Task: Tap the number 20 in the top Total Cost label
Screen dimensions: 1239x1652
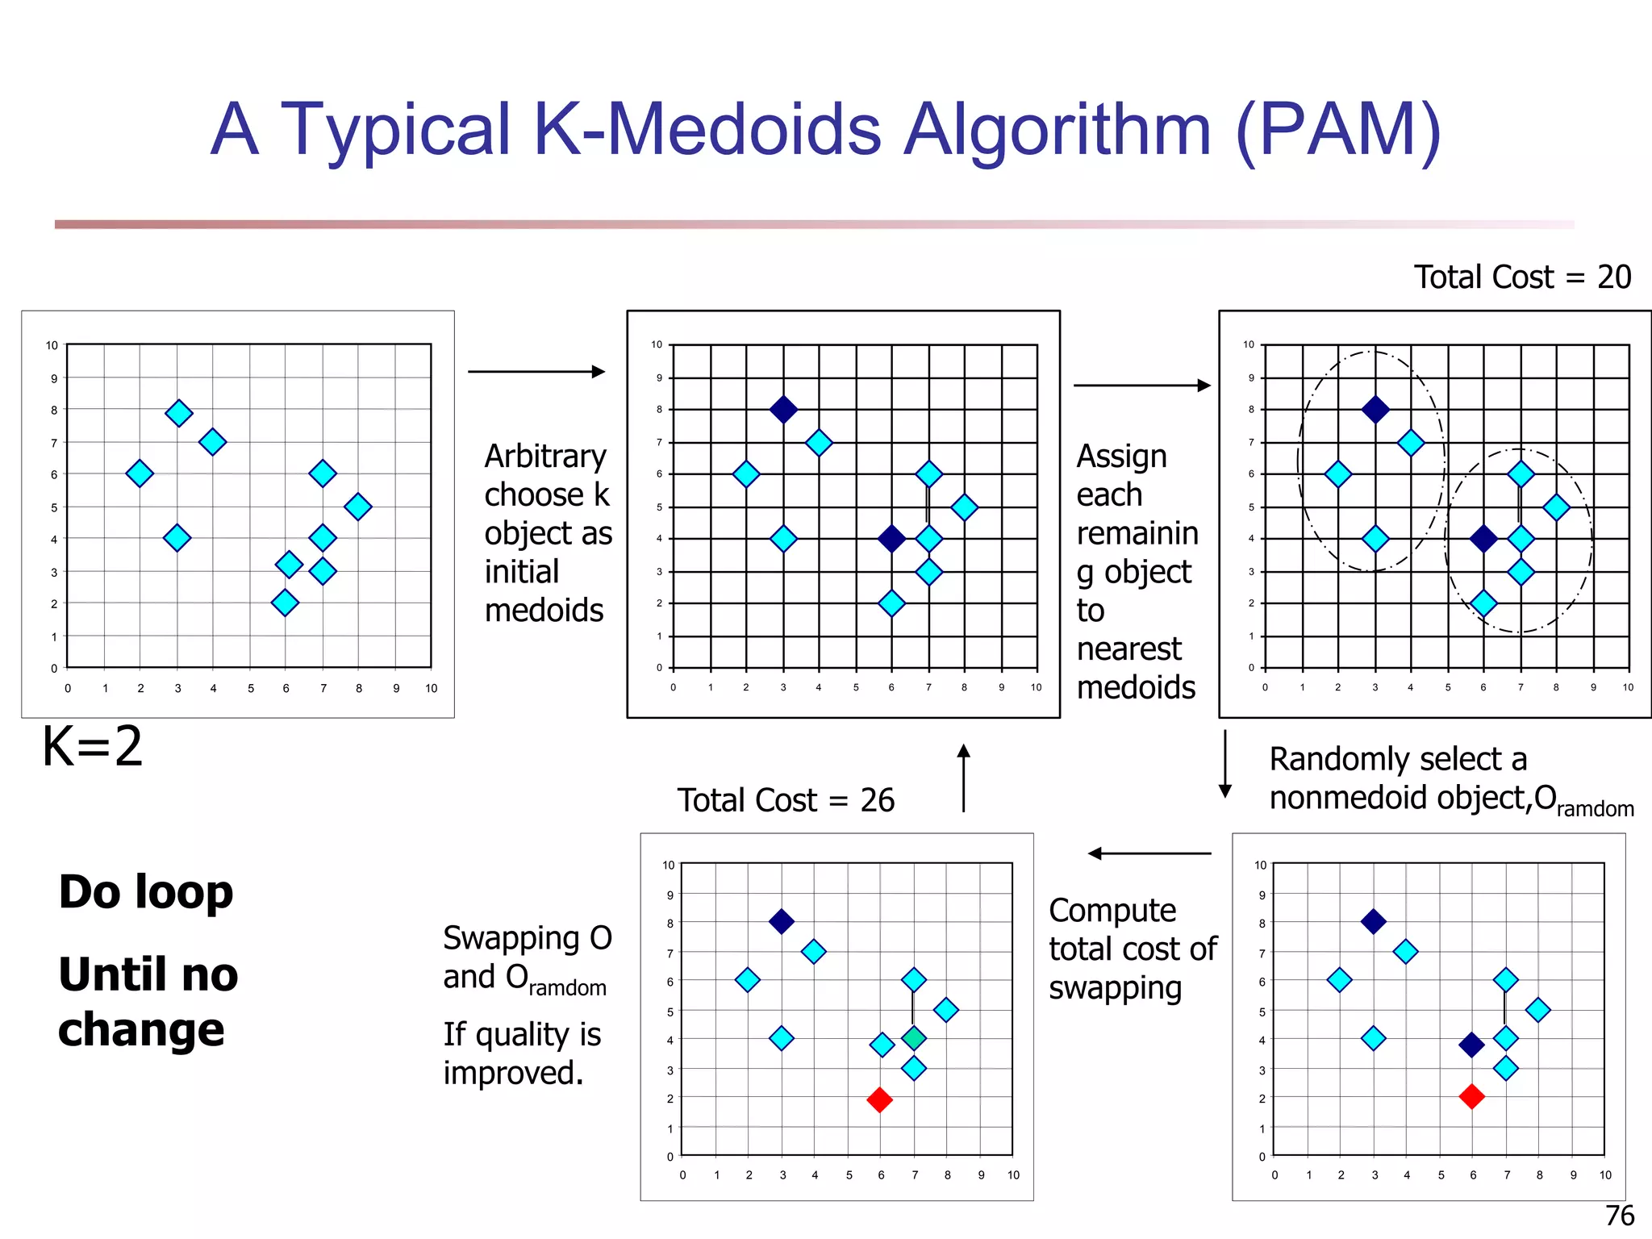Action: (x=1614, y=277)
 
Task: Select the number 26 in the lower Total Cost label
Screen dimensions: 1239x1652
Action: (x=877, y=800)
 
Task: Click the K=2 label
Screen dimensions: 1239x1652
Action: (x=92, y=746)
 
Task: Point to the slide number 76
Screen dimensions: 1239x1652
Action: (x=1620, y=1215)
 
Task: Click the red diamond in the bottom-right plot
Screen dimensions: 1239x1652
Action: (x=1471, y=1096)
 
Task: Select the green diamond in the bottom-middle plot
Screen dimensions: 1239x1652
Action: (x=913, y=1038)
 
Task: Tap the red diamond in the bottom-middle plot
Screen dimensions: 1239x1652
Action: (x=879, y=1099)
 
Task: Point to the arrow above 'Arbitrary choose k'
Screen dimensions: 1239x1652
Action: (x=536, y=371)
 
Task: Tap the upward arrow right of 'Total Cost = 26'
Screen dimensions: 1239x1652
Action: (x=963, y=778)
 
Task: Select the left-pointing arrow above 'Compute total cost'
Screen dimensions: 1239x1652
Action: (x=1149, y=853)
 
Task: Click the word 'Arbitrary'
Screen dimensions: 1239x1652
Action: (x=545, y=457)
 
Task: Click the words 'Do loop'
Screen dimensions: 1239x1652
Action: (x=146, y=892)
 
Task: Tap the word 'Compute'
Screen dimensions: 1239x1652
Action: (x=1112, y=911)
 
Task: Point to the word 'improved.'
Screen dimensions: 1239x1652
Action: (x=513, y=1073)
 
